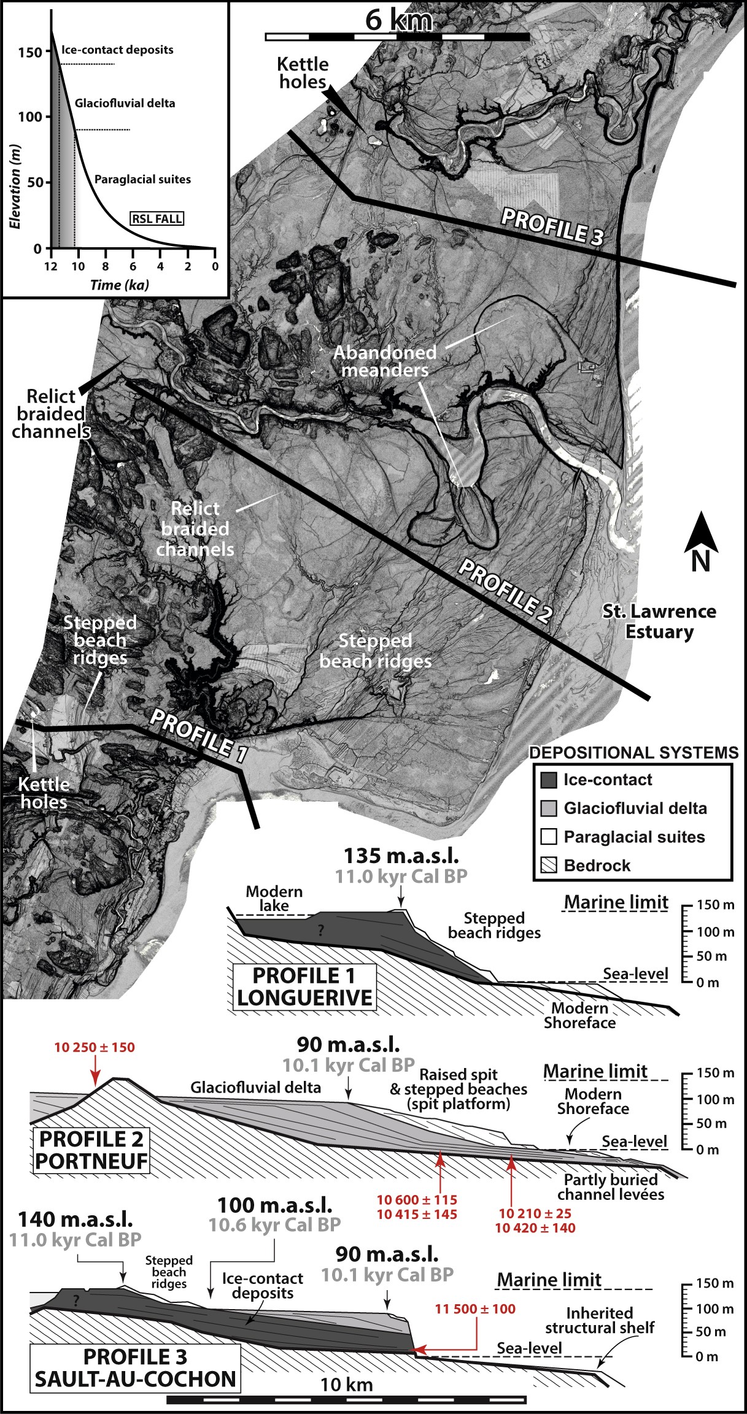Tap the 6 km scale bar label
399,20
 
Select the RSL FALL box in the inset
157,218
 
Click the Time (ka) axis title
120,285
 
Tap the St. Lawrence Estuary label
659,621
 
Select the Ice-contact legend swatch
548,780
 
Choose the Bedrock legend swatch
548,866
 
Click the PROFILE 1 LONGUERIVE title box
304,986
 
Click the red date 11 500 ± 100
475,1309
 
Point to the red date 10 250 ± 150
95,1048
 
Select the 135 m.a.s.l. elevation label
401,856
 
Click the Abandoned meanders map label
385,361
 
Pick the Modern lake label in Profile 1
274,898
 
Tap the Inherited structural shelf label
599,1320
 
